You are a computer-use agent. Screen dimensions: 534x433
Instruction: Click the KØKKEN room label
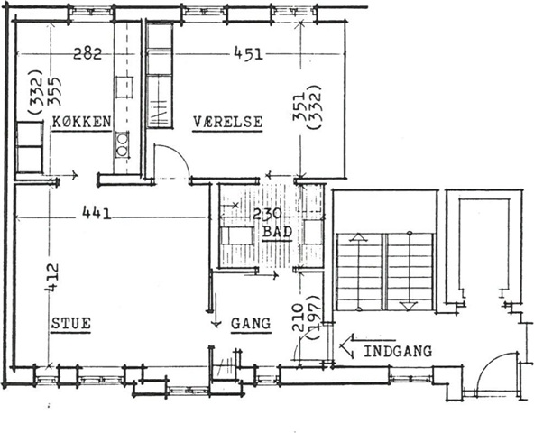[82, 122]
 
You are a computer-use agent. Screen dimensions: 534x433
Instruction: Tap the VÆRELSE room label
[228, 122]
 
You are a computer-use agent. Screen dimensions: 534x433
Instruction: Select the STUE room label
[71, 323]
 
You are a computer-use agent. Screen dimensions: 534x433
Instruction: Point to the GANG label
[251, 323]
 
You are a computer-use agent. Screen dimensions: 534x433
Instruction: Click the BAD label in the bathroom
[278, 232]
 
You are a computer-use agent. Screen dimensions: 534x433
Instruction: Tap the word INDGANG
[398, 351]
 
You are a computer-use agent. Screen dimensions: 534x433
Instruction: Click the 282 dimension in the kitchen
[87, 54]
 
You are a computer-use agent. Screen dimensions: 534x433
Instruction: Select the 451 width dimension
[249, 54]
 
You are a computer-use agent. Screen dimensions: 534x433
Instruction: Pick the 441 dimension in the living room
[97, 214]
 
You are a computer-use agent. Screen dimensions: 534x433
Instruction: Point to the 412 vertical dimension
[52, 277]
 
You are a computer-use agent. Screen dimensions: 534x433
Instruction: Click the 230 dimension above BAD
[267, 214]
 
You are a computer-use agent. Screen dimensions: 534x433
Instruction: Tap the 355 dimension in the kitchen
[54, 91]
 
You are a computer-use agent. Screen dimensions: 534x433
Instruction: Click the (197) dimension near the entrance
[314, 317]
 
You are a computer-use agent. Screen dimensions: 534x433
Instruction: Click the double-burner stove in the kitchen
[122, 144]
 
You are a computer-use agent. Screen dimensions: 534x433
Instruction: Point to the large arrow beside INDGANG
[367, 345]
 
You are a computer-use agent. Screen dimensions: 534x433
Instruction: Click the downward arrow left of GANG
[216, 310]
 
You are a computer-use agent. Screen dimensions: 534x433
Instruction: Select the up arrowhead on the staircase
[358, 237]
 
